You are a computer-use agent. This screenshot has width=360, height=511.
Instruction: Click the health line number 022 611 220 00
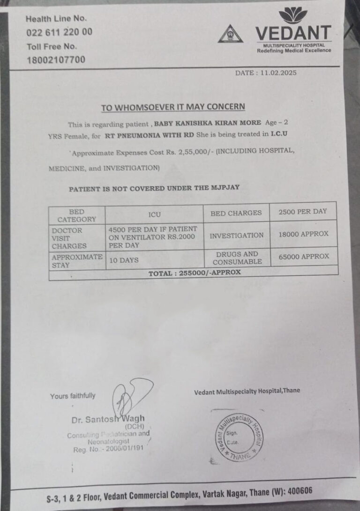(x=59, y=32)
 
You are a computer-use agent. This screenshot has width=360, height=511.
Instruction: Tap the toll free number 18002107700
(x=55, y=60)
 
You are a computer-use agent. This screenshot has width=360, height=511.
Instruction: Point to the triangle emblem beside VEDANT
(x=230, y=34)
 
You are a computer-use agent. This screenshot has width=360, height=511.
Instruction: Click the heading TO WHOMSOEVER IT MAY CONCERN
(x=173, y=107)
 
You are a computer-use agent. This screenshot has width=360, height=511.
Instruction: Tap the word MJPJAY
(x=224, y=188)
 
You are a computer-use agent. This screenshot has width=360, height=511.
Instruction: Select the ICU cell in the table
(x=154, y=215)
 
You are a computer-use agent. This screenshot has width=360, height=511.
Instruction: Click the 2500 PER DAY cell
(x=302, y=211)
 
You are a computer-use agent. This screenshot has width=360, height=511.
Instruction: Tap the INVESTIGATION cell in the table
(x=236, y=235)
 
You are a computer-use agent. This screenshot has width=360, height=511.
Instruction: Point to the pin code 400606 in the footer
(x=295, y=492)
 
